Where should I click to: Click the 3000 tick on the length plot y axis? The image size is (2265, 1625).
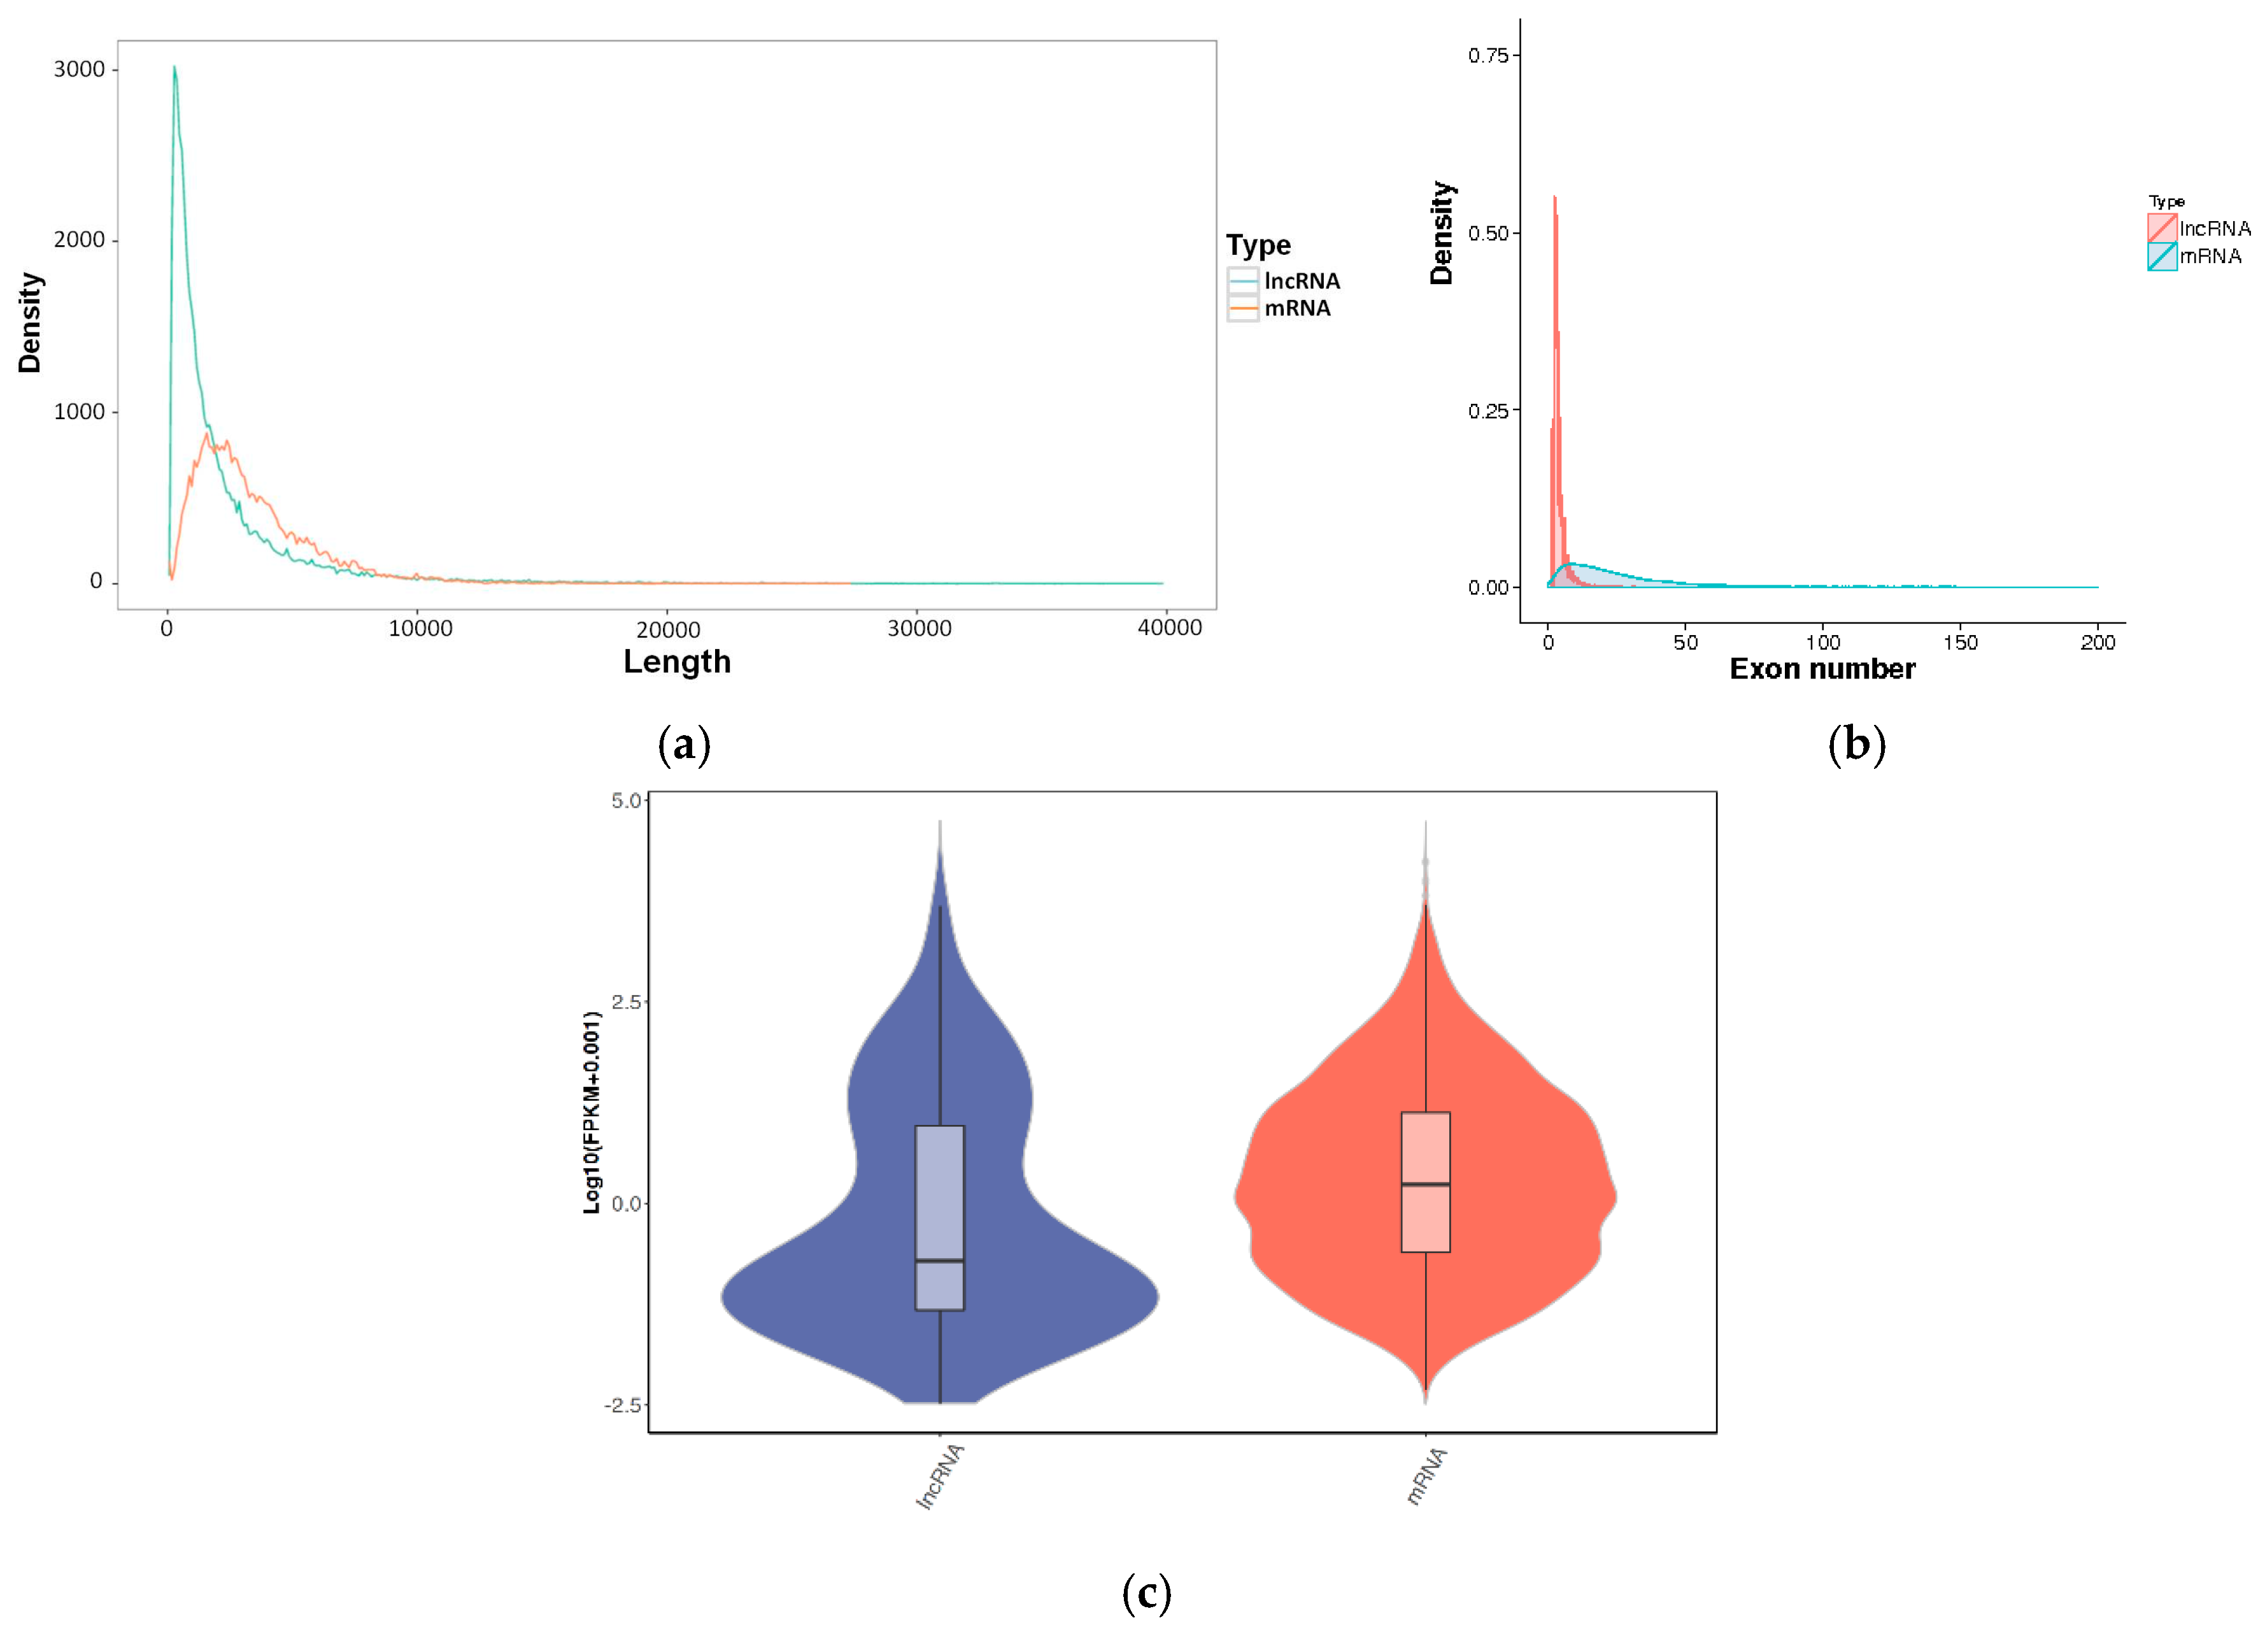80,69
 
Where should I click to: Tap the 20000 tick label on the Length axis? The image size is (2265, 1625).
668,629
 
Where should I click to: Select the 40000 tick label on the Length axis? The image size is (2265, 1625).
1170,628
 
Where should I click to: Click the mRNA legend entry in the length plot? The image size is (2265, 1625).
1296,308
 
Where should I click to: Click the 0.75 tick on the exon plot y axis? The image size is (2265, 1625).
1488,55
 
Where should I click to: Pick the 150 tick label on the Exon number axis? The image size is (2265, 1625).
1959,642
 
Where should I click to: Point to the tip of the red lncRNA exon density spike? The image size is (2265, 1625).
1554,197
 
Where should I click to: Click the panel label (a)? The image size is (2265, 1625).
684,745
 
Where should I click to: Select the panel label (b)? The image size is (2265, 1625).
1857,745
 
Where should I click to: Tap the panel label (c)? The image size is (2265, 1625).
1146,1592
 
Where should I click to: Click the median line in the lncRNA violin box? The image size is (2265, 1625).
940,1261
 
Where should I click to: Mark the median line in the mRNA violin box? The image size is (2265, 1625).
1425,1185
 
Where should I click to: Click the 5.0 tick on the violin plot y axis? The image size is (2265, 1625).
626,801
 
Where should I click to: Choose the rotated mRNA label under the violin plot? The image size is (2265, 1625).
1426,1476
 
